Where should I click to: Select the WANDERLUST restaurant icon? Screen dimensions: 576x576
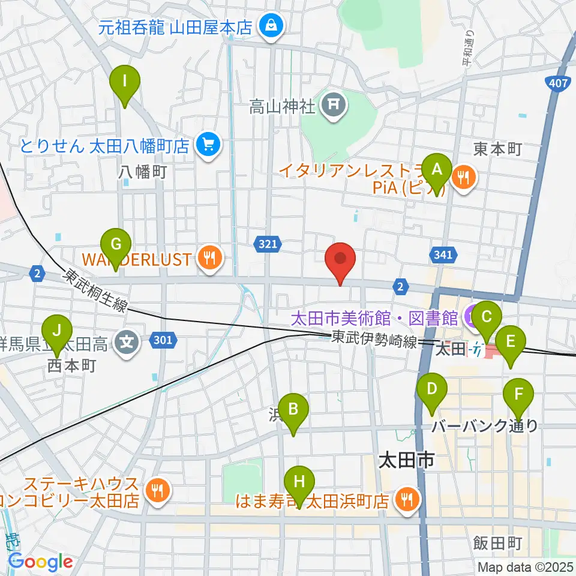209,259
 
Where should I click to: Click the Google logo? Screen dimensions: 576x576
41,562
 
